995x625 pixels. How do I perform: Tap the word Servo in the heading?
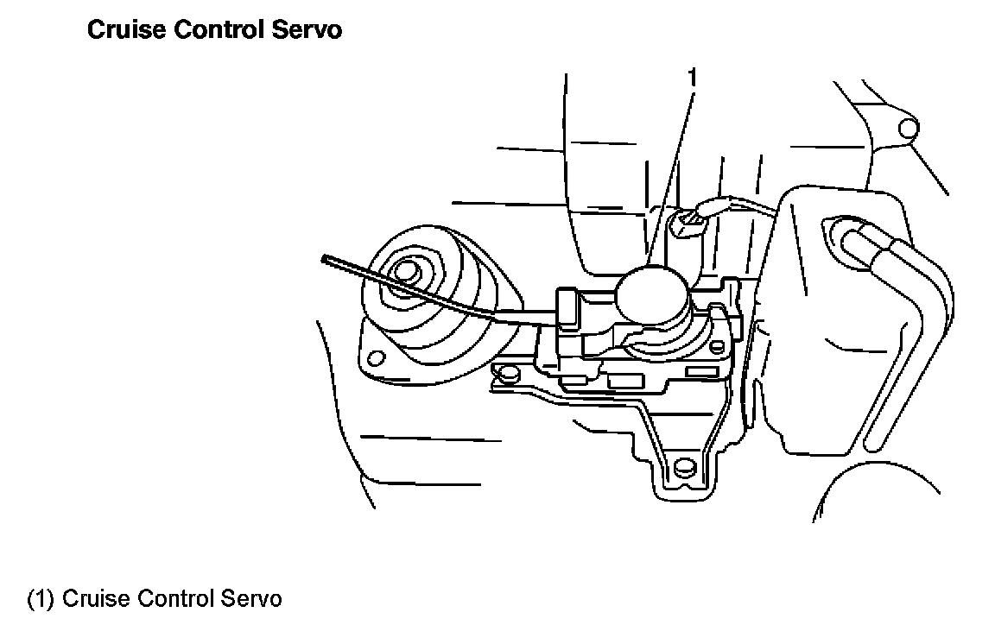[x=311, y=30]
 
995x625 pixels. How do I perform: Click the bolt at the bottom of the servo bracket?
[x=684, y=469]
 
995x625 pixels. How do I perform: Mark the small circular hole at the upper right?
[x=908, y=129]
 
